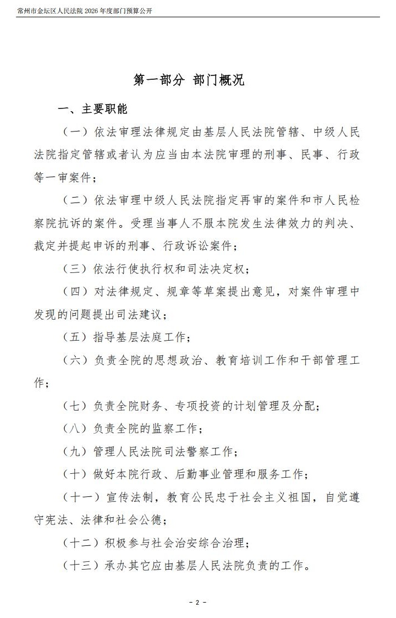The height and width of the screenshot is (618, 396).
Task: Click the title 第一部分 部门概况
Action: (189, 80)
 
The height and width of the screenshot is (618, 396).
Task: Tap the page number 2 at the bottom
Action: (197, 603)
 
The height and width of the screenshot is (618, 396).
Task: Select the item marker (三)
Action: (76, 269)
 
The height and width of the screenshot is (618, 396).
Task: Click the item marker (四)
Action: (76, 292)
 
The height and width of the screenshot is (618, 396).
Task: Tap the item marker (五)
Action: (76, 337)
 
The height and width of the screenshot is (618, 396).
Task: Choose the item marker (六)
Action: (76, 360)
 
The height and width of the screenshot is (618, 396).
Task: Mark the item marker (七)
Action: (76, 406)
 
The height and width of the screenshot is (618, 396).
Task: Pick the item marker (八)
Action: (76, 429)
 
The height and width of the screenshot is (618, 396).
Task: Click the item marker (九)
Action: (76, 452)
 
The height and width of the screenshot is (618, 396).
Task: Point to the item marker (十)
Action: (76, 475)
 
